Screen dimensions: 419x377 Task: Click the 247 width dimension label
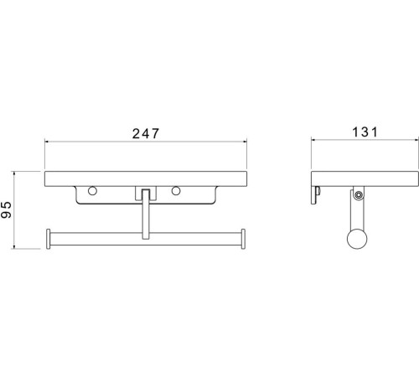coord(146,133)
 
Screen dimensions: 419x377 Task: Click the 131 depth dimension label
coord(365,132)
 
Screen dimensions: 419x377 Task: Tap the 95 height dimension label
coord(6,209)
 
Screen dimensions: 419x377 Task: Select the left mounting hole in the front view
coord(92,191)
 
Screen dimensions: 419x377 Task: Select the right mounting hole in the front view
coord(176,191)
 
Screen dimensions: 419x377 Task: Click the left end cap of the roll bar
coord(49,239)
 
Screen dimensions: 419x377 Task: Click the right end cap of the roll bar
coord(243,239)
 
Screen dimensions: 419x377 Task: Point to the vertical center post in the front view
coord(145,214)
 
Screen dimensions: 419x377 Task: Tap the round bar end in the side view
coord(357,239)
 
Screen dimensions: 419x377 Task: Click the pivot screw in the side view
coord(358,194)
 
